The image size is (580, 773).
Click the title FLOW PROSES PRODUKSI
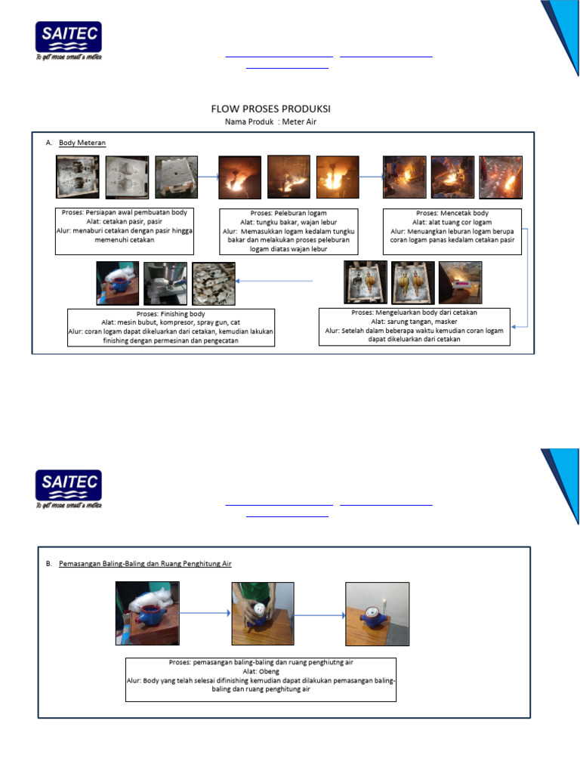point(270,109)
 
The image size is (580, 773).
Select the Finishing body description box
point(171,327)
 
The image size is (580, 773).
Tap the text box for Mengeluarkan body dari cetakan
point(415,326)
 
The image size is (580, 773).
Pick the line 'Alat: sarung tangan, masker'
point(415,321)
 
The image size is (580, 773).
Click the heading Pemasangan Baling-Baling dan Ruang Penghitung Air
point(145,563)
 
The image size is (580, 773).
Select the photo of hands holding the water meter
point(262,613)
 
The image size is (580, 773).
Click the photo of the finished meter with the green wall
point(377,613)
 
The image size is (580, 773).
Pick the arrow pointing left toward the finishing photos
point(279,282)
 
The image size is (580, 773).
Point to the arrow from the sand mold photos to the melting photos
point(208,177)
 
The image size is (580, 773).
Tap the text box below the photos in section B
point(261,679)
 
